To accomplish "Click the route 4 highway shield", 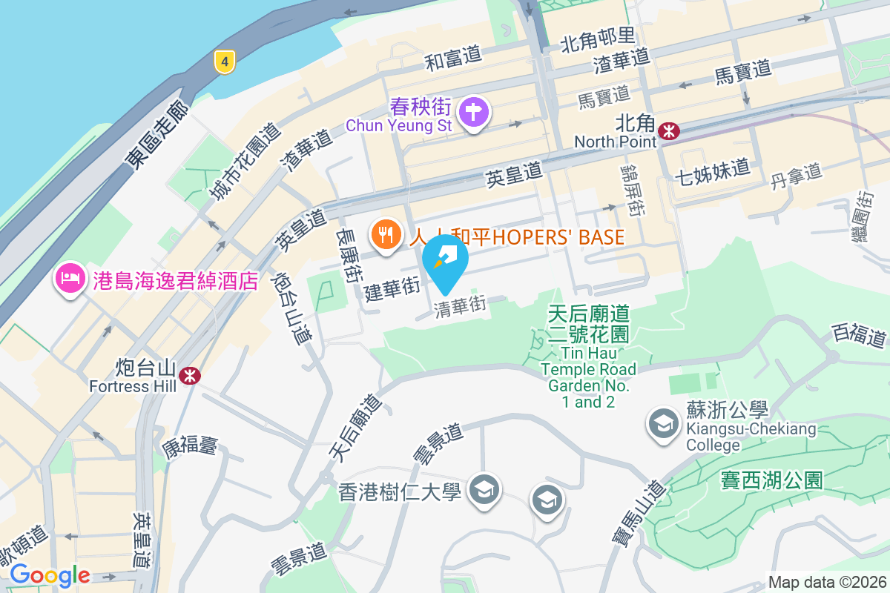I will tap(225, 61).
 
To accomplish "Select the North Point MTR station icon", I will tap(670, 131).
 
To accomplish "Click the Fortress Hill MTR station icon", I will tap(191, 375).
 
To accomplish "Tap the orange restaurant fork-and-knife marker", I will tap(385, 236).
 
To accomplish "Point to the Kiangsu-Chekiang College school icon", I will tap(660, 424).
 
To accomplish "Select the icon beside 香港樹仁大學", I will tap(485, 489).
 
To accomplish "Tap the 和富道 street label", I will tap(452, 57).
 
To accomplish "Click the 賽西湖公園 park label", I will tap(771, 480).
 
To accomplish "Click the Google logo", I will tap(49, 575).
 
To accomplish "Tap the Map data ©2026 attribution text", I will tap(827, 583).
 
